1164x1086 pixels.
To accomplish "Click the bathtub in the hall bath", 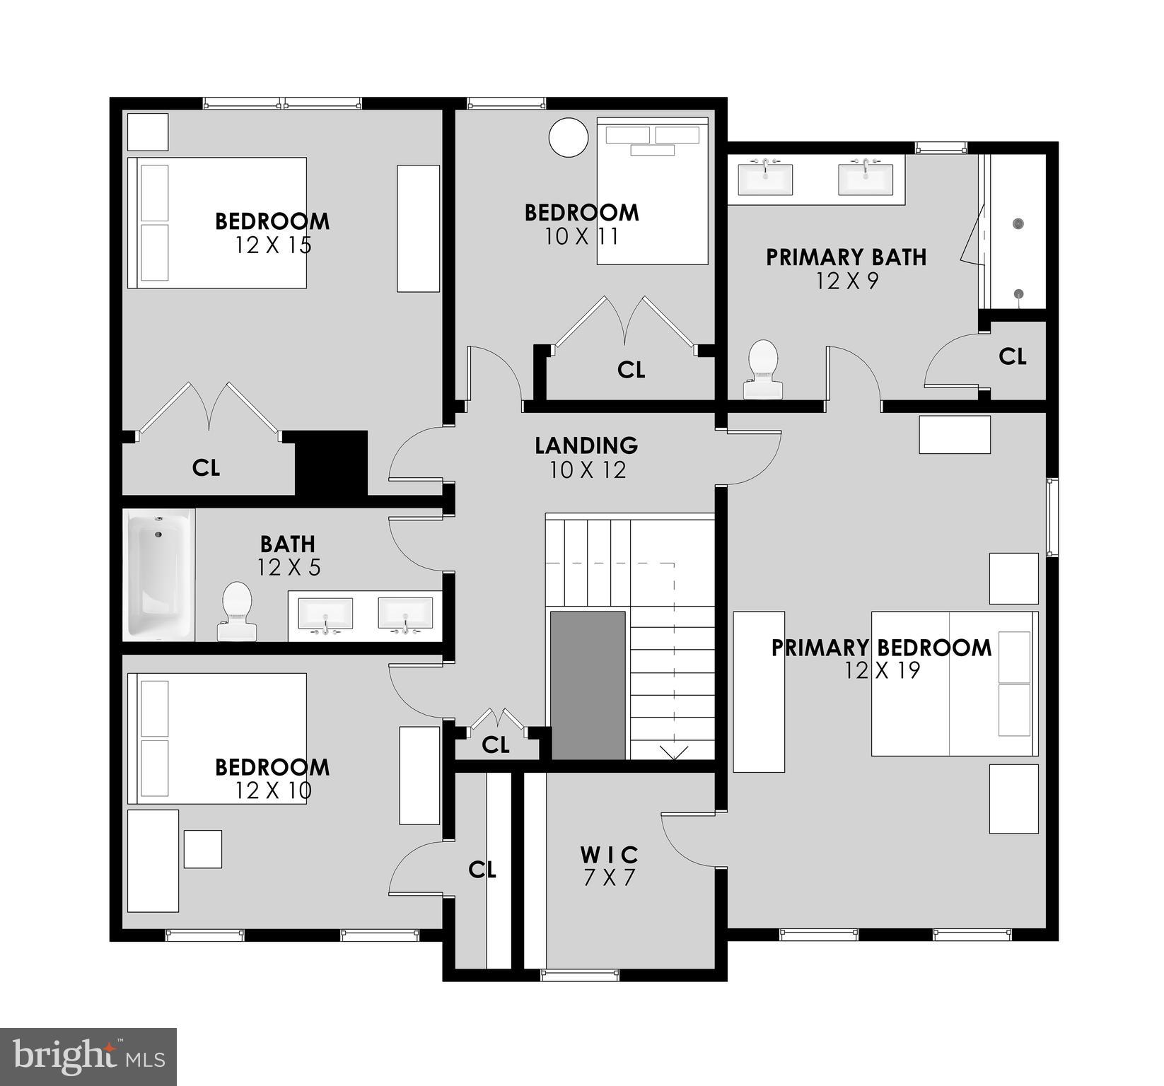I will [158, 574].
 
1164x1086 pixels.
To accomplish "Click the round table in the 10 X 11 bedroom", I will [569, 137].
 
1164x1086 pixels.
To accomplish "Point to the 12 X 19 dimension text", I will [882, 670].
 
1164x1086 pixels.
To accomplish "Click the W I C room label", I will [609, 855].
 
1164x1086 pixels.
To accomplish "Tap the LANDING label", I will [586, 445].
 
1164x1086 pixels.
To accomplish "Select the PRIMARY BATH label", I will [846, 257].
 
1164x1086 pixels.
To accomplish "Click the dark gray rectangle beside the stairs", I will [588, 685].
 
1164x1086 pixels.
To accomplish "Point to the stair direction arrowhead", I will [673, 754].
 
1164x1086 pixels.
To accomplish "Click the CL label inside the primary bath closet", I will [1012, 357].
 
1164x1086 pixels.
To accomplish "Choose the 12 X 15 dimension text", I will [273, 245].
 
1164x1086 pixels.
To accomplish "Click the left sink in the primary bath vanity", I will [765, 179].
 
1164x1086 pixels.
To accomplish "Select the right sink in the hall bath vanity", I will [405, 613].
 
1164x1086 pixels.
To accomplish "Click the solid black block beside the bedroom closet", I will [331, 464].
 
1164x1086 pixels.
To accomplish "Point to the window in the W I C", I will [580, 975].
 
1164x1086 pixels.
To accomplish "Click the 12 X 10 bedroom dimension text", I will [273, 790].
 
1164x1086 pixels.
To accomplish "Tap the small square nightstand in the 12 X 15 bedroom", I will [147, 132].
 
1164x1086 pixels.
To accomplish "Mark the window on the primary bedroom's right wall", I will [1052, 517].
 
